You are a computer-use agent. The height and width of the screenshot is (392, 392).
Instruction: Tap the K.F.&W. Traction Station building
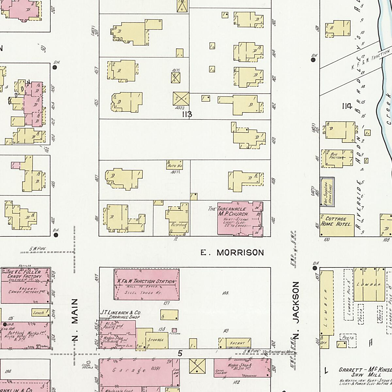(146, 284)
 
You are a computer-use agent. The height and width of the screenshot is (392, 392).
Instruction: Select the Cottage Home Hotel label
(336, 221)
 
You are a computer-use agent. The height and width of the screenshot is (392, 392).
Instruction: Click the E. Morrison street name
(232, 253)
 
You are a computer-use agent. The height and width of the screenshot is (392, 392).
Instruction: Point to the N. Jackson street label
(296, 310)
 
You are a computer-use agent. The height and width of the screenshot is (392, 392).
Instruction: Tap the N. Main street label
(75, 320)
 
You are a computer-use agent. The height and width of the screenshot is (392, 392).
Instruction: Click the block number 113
(187, 114)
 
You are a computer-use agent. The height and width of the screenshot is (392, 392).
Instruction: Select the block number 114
(347, 106)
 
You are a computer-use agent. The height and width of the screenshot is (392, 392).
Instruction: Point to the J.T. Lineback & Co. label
(120, 315)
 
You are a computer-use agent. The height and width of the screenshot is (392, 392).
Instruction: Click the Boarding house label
(178, 225)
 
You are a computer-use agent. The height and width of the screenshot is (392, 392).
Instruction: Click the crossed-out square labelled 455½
(181, 98)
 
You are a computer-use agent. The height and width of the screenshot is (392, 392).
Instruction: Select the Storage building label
(156, 340)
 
